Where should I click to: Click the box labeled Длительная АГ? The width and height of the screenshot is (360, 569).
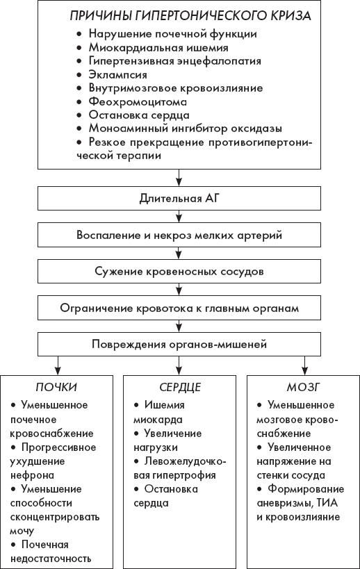coord(179,199)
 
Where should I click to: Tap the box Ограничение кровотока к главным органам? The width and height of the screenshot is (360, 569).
coord(179,307)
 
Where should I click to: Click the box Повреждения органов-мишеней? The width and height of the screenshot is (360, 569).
coord(179,344)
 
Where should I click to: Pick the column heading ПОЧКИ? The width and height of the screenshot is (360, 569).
coord(57,388)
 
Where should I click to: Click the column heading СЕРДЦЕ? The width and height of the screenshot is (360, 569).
coord(179,388)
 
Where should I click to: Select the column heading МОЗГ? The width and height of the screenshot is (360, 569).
coord(302,388)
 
